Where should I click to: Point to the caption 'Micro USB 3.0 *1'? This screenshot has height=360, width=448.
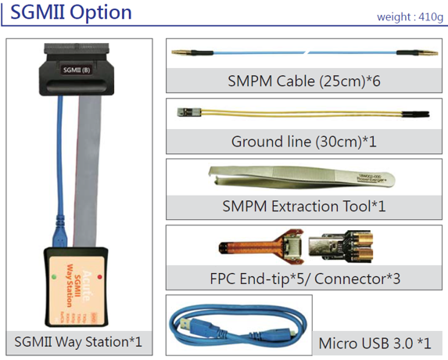point(375,343)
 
